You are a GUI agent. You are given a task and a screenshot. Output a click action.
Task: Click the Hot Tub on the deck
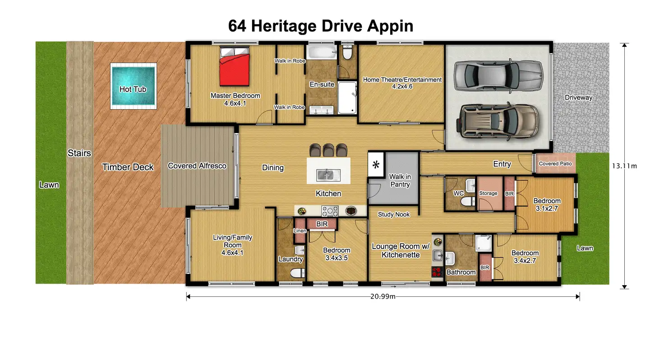click(134, 86)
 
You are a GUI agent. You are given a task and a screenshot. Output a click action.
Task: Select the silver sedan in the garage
click(498, 75)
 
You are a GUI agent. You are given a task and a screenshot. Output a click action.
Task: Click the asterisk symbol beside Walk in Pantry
click(376, 165)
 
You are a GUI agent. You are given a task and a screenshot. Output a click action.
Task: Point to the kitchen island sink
click(328, 175)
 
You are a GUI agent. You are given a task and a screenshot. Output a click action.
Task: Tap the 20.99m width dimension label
click(383, 296)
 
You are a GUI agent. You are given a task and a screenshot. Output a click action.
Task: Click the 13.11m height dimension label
click(624, 166)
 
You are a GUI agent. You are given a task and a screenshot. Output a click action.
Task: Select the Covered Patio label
click(555, 164)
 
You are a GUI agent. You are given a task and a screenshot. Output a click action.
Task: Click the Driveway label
click(578, 97)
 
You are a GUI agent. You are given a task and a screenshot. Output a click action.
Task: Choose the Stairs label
click(79, 153)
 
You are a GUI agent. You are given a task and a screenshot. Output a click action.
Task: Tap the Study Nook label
click(394, 214)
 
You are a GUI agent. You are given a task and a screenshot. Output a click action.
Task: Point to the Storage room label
click(488, 194)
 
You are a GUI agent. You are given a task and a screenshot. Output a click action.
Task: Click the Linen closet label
click(300, 231)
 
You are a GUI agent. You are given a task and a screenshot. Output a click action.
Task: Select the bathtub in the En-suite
click(322, 52)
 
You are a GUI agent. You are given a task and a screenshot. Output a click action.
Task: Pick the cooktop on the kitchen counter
click(330, 211)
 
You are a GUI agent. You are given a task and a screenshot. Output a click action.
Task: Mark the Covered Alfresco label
click(197, 166)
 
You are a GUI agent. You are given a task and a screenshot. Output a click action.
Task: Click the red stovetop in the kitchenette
click(437, 272)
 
